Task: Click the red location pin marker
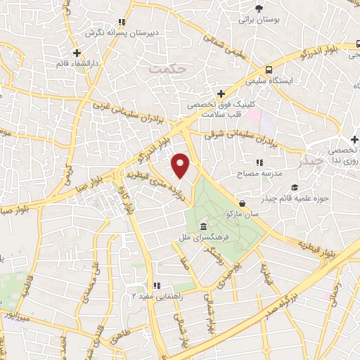click(x=181, y=166)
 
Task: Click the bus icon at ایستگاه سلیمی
click(x=269, y=70)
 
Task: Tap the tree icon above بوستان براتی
click(x=259, y=8)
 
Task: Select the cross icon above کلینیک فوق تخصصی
click(x=221, y=94)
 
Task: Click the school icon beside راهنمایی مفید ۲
click(x=156, y=285)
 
